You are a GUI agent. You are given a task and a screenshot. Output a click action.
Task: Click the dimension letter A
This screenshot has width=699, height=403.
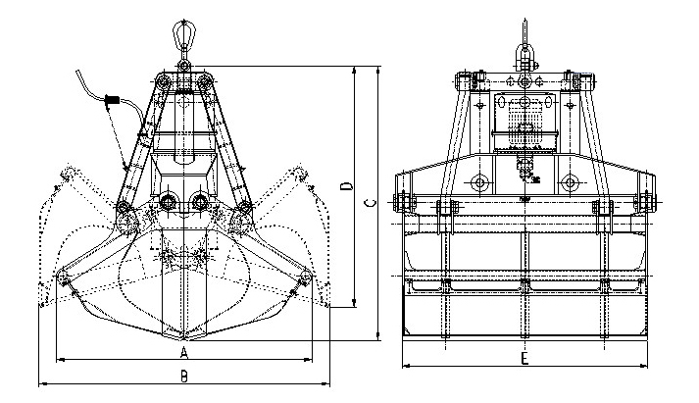(x=183, y=350)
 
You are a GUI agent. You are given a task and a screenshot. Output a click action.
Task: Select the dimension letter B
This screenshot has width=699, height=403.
(x=183, y=375)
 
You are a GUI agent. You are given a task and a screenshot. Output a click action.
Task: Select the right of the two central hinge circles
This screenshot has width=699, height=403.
(x=199, y=202)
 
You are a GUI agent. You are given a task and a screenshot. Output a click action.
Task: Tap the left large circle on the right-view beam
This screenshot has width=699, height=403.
(x=479, y=182)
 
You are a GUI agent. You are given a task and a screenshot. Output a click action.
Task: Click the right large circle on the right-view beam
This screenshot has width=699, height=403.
(x=569, y=182)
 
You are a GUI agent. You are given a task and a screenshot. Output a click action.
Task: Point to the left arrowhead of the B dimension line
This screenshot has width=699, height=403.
(x=40, y=382)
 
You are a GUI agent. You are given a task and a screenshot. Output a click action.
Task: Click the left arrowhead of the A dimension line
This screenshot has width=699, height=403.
(x=59, y=359)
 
